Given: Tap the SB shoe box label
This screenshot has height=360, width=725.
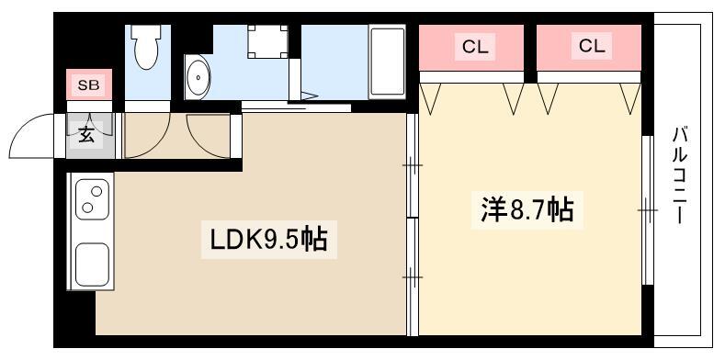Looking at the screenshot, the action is (x=88, y=85).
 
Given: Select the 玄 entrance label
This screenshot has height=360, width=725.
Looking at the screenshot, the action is (x=86, y=134).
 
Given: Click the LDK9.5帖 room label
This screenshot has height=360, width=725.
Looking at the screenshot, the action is (x=268, y=240).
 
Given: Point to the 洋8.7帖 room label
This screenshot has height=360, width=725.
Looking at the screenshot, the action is (x=527, y=209).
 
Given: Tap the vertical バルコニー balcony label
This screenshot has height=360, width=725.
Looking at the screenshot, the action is (x=679, y=176).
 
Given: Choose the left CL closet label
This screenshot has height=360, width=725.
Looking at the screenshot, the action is (x=475, y=47).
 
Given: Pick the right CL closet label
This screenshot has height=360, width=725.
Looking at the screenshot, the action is (x=592, y=46).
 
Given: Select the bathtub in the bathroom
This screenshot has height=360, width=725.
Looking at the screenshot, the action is (x=387, y=62).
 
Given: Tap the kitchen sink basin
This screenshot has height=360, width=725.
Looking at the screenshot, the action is (x=93, y=264).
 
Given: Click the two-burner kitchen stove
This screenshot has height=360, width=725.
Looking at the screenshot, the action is (x=93, y=199).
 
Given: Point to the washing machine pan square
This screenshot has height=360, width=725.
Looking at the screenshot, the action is (x=267, y=41).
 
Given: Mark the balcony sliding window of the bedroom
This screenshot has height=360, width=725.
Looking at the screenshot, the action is (x=648, y=210).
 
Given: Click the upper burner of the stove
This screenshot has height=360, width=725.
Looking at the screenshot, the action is (x=96, y=191).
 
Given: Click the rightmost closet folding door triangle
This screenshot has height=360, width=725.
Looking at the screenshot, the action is (x=630, y=99).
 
